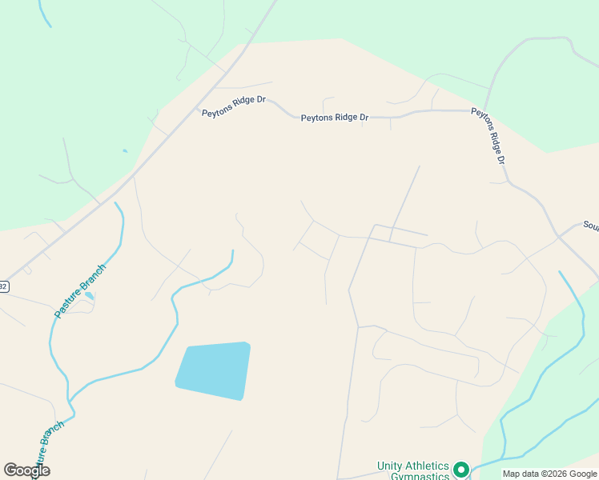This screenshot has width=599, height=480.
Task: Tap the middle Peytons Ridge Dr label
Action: [x=335, y=118]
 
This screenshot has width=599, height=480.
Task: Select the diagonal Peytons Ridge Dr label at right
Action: [x=489, y=136]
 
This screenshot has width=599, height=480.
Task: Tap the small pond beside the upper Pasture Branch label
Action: [x=89, y=296]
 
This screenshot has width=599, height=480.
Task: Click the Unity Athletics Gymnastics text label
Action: [x=413, y=470]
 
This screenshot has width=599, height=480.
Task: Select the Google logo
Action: [x=26, y=470]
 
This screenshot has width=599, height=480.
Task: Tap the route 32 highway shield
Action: [x=3, y=286]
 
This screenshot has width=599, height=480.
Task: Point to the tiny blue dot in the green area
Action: [x=124, y=150]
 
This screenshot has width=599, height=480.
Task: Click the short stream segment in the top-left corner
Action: [x=44, y=14]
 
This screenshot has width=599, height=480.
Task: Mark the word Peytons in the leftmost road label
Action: [x=217, y=113]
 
